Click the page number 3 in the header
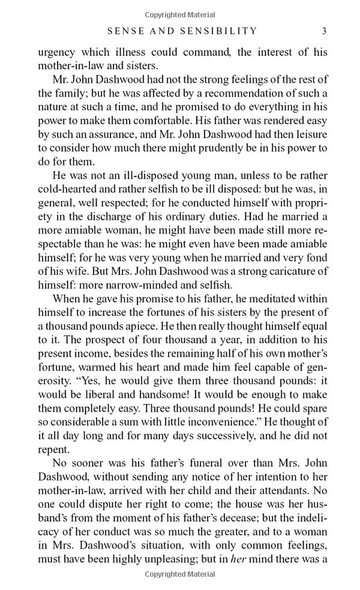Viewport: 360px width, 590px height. point(324,31)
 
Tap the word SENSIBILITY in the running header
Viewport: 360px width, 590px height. point(213,31)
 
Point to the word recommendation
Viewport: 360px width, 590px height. point(234,94)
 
